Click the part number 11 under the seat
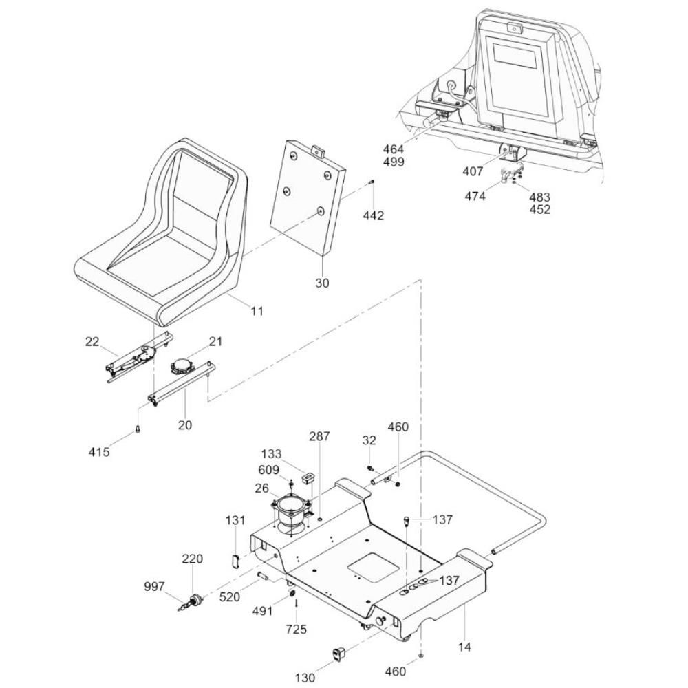(x=257, y=311)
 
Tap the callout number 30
(x=322, y=283)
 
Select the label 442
(x=373, y=215)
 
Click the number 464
(x=394, y=149)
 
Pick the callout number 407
(x=473, y=171)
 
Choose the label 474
(x=475, y=196)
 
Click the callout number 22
(x=92, y=341)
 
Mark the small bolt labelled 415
(x=138, y=429)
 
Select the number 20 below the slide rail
(x=184, y=424)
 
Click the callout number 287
(x=319, y=436)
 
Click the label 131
(x=235, y=520)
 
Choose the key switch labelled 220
(x=193, y=599)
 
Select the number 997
(x=154, y=586)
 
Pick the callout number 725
(x=296, y=630)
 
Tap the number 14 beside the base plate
(x=464, y=646)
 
